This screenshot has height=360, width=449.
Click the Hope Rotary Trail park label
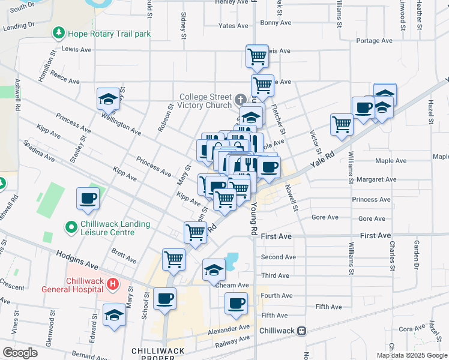click(x=109, y=34)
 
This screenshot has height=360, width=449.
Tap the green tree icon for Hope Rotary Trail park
click(x=59, y=33)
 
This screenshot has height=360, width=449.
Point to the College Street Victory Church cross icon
click(x=240, y=100)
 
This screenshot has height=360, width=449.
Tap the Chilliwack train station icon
click(x=302, y=331)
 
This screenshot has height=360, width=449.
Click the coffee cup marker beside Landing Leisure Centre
click(x=88, y=198)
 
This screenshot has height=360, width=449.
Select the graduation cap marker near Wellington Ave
click(x=109, y=98)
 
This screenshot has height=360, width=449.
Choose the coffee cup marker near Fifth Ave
click(x=237, y=302)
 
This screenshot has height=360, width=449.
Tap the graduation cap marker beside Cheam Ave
click(x=213, y=270)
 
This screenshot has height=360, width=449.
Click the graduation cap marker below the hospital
click(x=114, y=316)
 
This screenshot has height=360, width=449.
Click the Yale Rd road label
click(x=321, y=158)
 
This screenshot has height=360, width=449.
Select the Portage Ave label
click(x=374, y=41)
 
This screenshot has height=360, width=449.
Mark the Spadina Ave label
click(x=39, y=152)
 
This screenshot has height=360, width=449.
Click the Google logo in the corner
click(x=20, y=353)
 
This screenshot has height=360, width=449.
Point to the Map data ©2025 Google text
click(x=411, y=355)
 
